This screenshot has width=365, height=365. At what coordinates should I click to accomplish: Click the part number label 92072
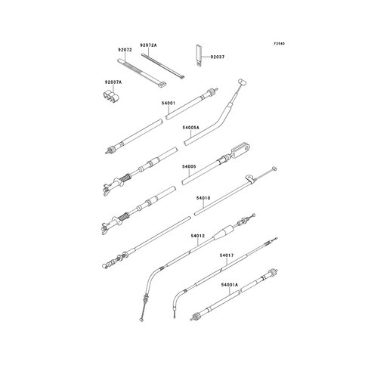tap(125, 50)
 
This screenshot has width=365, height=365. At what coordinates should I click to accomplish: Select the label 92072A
tap(148, 45)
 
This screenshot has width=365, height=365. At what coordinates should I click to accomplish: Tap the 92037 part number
tap(218, 57)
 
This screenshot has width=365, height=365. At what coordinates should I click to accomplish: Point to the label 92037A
tap(113, 82)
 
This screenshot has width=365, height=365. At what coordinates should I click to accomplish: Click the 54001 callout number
tap(169, 104)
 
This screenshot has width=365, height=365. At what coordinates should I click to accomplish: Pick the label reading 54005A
tap(190, 128)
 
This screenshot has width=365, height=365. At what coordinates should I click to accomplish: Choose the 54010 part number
tap(203, 198)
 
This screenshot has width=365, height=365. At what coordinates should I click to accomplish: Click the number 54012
tap(198, 236)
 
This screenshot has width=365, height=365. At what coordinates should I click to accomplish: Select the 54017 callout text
tap(227, 255)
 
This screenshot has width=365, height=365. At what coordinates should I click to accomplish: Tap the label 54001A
tap(230, 285)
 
